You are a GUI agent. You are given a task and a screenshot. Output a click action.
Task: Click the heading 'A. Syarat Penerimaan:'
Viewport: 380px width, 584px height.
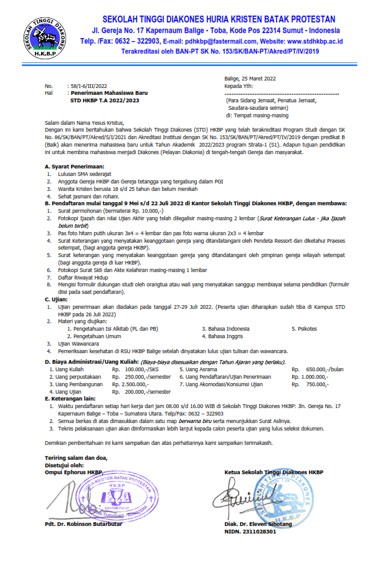pos(74,166)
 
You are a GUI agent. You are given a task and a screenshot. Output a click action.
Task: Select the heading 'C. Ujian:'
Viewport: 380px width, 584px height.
pos(56,299)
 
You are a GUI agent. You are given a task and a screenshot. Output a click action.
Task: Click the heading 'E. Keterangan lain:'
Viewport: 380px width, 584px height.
pos(71,398)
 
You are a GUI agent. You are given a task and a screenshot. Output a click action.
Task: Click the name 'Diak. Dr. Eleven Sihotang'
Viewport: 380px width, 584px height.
pos(258,524)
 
